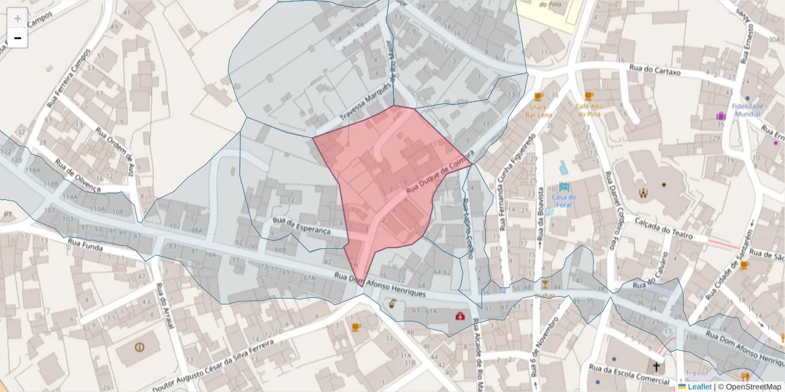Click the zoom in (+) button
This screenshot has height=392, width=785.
[17, 18]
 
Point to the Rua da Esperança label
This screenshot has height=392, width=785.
[310, 227]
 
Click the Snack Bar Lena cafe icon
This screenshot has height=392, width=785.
[538, 96]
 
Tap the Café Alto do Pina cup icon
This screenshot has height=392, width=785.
[589, 95]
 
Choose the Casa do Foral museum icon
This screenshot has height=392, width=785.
[564, 186]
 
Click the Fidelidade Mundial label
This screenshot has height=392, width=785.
[746, 109]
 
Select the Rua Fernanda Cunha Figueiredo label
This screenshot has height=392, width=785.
[517, 182]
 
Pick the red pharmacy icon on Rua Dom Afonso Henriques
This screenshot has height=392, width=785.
[461, 316]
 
